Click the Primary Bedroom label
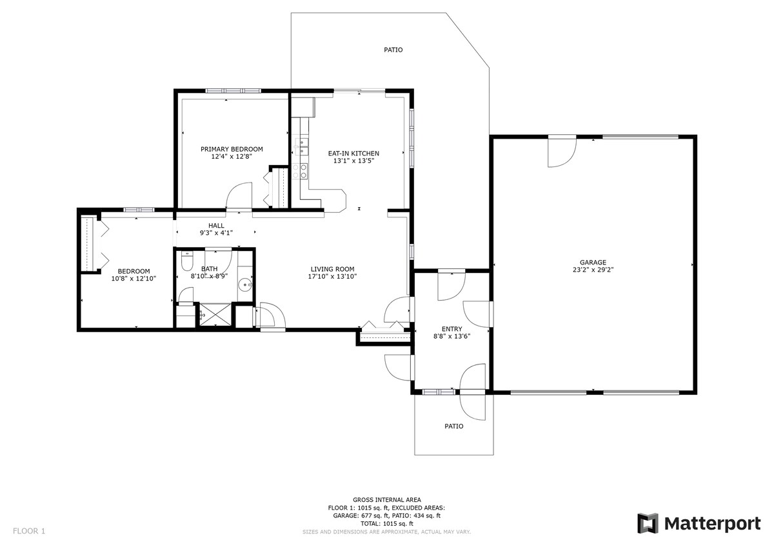pos(232,149)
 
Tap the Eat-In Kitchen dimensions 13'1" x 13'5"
pos(354,161)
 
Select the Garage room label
pos(593,263)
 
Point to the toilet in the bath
pos(186,261)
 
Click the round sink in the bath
pos(245,284)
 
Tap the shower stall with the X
pos(215,314)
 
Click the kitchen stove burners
pos(299,171)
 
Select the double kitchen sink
pos(301,146)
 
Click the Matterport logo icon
pos(648,523)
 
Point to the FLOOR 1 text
pos(29,531)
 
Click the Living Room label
pos(332,269)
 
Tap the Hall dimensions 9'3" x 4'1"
pos(216,233)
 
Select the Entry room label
pos(451,329)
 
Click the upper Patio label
pos(393,50)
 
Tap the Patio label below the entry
pos(453,426)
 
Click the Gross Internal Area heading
pos(386,500)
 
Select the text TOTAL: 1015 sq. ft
pos(386,524)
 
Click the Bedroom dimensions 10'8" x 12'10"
pos(134,279)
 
